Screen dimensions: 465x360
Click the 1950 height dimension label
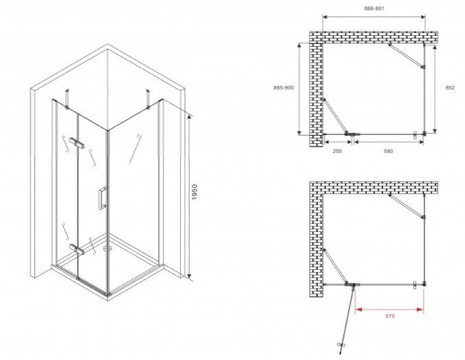click(195, 192)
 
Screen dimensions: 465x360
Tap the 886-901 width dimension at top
click(374, 9)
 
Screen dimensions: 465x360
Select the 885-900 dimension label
click(283, 88)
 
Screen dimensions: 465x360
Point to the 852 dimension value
click(450, 87)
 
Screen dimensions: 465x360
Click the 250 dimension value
click(337, 151)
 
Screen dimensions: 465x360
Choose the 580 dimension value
click(388, 151)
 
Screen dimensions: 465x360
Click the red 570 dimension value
click(389, 316)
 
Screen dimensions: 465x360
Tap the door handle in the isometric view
click(102, 198)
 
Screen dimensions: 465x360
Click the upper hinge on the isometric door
click(77, 142)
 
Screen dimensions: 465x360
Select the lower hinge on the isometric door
click(76, 249)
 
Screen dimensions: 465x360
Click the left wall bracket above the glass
click(67, 99)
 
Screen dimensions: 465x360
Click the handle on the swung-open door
click(341, 345)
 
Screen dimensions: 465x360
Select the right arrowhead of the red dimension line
click(420, 310)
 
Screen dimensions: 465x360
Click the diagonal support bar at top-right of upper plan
click(407, 56)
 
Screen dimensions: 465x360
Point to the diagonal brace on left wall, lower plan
click(336, 267)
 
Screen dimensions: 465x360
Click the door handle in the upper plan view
click(415, 135)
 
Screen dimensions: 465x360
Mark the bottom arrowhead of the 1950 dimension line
click(189, 278)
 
